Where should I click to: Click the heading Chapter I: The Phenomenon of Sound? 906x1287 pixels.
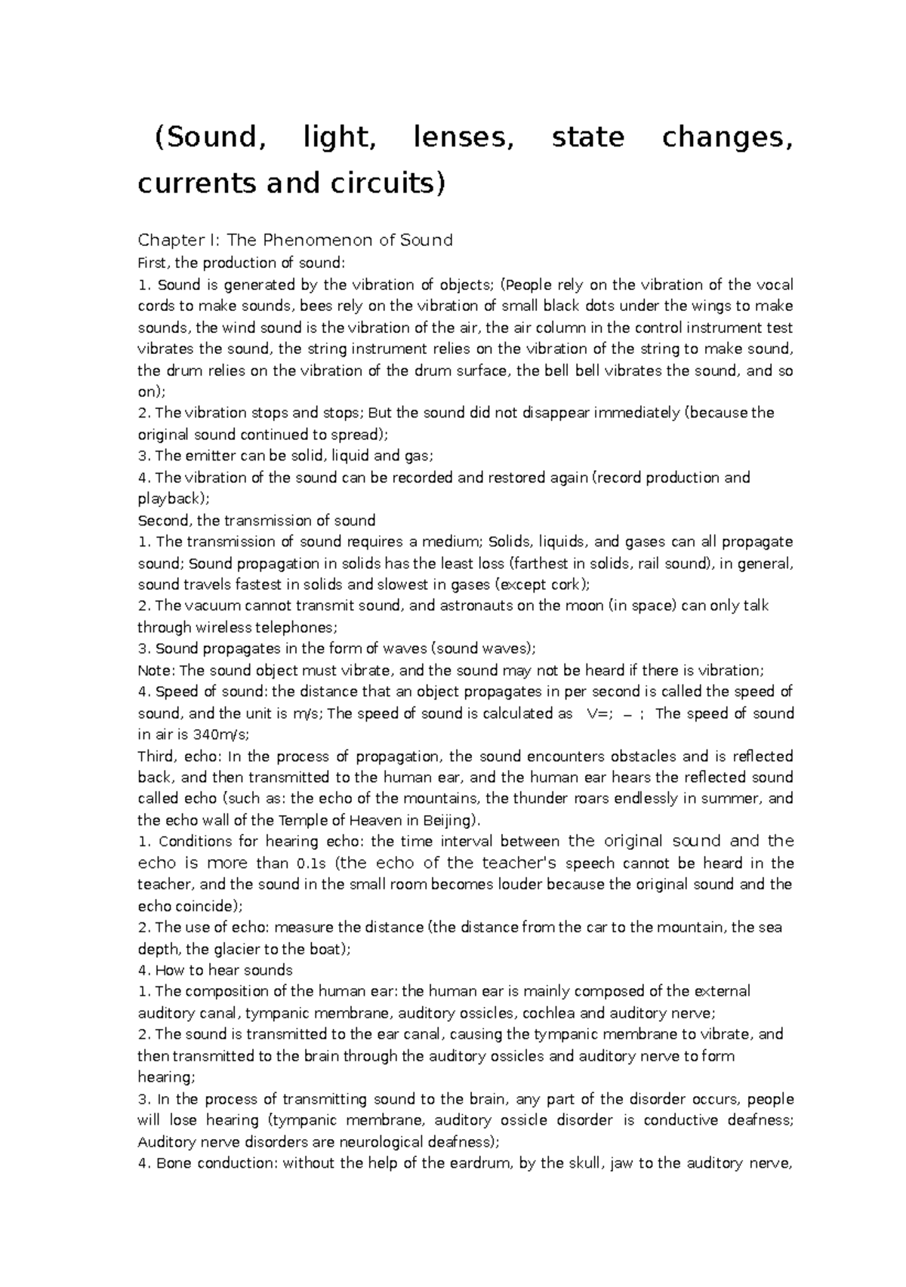[x=294, y=240]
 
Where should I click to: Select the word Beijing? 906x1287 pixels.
[x=447, y=821]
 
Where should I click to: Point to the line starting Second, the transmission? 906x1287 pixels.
[x=256, y=520]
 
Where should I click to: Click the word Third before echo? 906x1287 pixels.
[x=156, y=756]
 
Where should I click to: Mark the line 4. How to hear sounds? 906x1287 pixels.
[x=215, y=970]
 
